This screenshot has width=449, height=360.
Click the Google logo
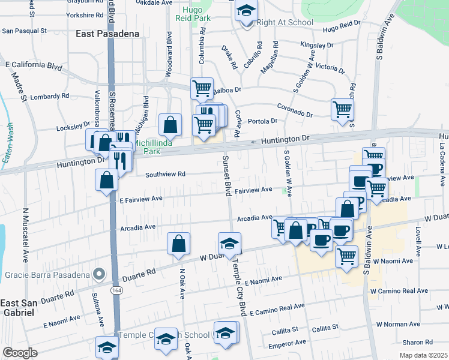20,353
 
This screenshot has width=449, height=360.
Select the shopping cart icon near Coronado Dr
342,110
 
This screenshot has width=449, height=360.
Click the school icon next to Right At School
246,12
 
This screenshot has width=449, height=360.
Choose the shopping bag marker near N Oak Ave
179,244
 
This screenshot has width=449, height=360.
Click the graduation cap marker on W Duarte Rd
229,244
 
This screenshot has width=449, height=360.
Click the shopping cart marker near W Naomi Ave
346,256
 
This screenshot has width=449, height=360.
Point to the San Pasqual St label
24,30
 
